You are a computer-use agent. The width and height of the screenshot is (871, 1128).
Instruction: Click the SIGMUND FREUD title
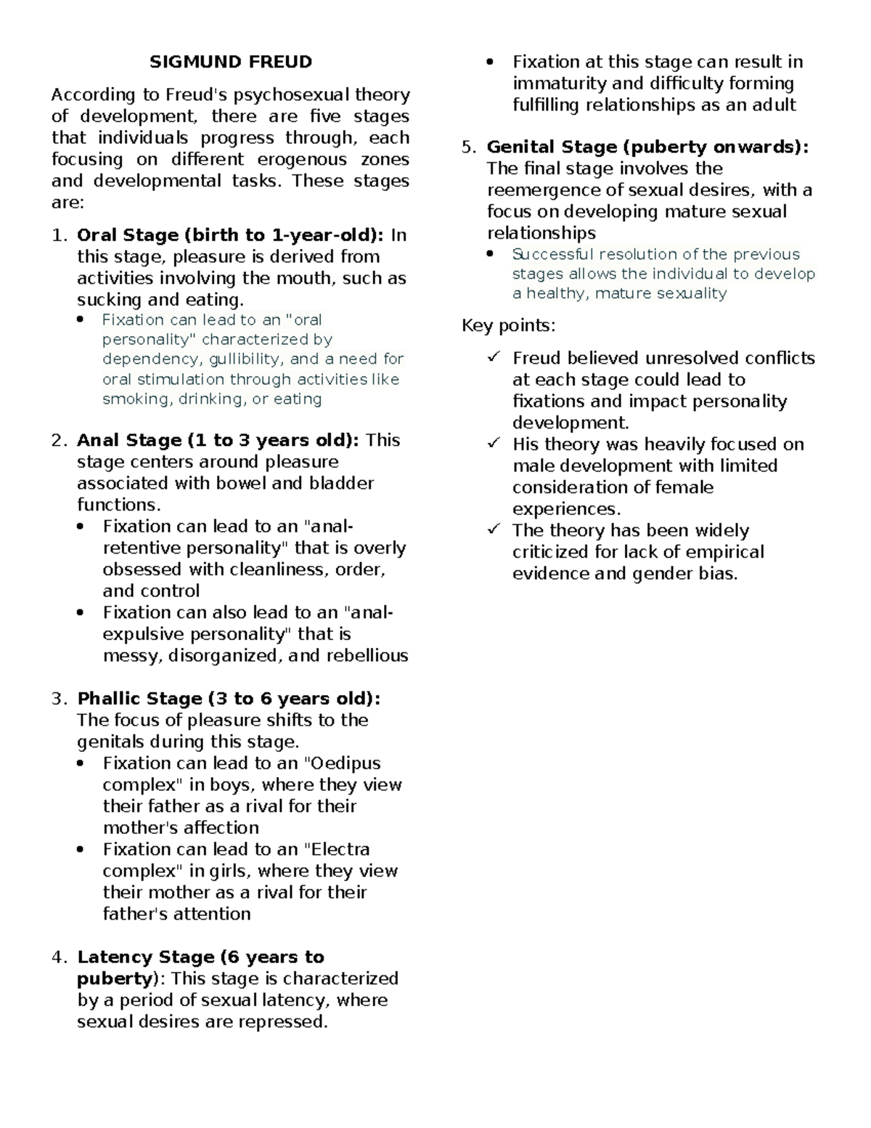coord(231,62)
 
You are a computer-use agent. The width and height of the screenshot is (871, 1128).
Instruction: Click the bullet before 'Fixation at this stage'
coord(491,62)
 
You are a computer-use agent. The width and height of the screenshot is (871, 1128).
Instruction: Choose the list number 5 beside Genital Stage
coord(468,147)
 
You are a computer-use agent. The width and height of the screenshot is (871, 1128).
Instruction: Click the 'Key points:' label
coord(508,325)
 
